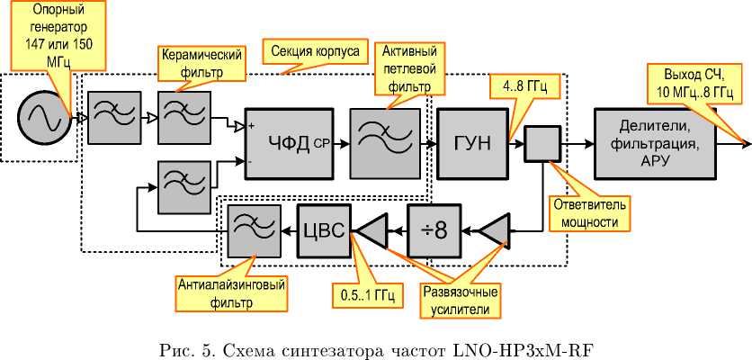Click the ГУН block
pyautogui.click(x=471, y=141)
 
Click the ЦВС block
pyautogui.click(x=323, y=231)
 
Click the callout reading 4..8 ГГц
pyautogui.click(x=524, y=89)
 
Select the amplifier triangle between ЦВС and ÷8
pyautogui.click(x=371, y=231)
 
